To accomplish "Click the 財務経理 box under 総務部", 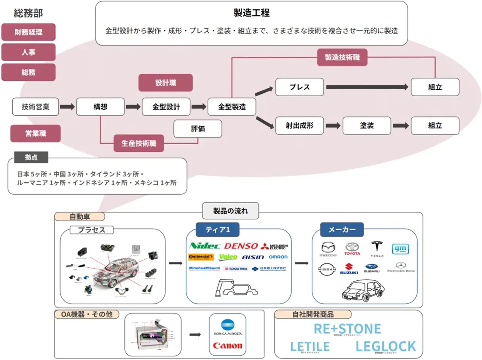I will tap(28, 32).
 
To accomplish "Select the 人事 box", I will tap(28, 52).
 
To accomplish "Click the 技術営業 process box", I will tap(36, 107).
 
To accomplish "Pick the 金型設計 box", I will tap(166, 107).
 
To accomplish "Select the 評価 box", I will tap(198, 129).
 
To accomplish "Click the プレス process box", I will tap(300, 87).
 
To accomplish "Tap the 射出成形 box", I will tap(300, 126).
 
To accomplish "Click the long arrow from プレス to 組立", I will tap(367, 87).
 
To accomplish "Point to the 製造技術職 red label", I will tap(342, 57).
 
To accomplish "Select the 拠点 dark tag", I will tap(31, 157).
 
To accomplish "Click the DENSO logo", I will tap(241, 246).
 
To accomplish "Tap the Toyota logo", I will tap(352, 248).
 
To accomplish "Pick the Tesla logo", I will tap(377, 248).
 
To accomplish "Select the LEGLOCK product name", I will tap(385, 346).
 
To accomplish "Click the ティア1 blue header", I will tap(217, 230).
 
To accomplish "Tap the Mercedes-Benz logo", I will tap(401, 267).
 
